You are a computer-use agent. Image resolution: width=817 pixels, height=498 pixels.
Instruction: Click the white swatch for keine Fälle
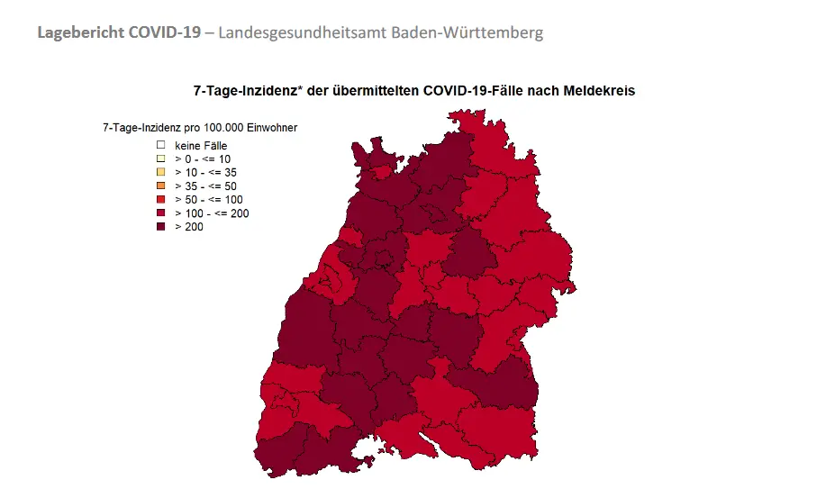pyautogui.click(x=160, y=144)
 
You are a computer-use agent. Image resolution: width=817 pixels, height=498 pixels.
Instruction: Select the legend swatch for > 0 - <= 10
pyautogui.click(x=160, y=158)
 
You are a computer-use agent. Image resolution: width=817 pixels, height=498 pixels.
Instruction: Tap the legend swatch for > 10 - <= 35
pyautogui.click(x=160, y=172)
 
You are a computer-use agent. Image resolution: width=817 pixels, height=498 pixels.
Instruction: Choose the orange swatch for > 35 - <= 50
pyautogui.click(x=160, y=186)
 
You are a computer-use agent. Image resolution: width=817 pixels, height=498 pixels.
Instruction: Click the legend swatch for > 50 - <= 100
pyautogui.click(x=160, y=199)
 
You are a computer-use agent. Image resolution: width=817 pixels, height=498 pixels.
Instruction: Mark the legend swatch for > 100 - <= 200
pyautogui.click(x=160, y=213)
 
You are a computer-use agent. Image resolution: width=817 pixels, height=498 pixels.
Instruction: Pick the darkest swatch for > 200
pyautogui.click(x=160, y=227)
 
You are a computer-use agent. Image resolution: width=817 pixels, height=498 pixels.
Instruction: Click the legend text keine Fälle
pyautogui.click(x=201, y=145)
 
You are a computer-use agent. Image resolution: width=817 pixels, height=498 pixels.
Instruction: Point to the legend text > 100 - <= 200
pyautogui.click(x=212, y=213)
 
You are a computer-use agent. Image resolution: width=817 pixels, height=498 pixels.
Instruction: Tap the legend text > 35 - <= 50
pyautogui.click(x=205, y=186)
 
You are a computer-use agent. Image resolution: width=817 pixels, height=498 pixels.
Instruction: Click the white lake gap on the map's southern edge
pyautogui.click(x=367, y=449)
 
